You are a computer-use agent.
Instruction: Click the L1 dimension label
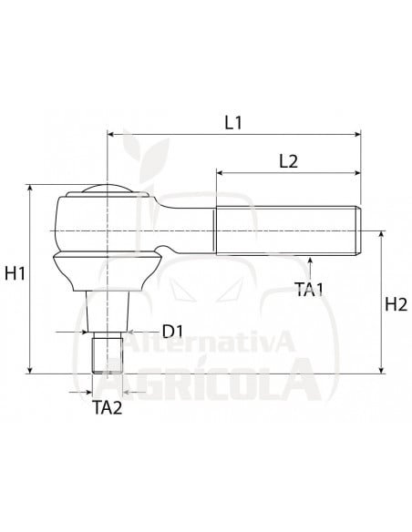point(233,121)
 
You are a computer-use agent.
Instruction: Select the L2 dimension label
point(288,160)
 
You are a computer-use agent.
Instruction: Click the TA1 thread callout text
point(311,289)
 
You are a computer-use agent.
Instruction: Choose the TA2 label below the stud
point(108,407)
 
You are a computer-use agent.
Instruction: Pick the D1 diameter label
point(175,330)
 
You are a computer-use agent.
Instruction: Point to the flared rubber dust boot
point(108,271)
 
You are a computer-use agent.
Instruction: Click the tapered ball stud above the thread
point(108,311)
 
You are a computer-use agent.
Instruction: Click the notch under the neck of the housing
point(165,252)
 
